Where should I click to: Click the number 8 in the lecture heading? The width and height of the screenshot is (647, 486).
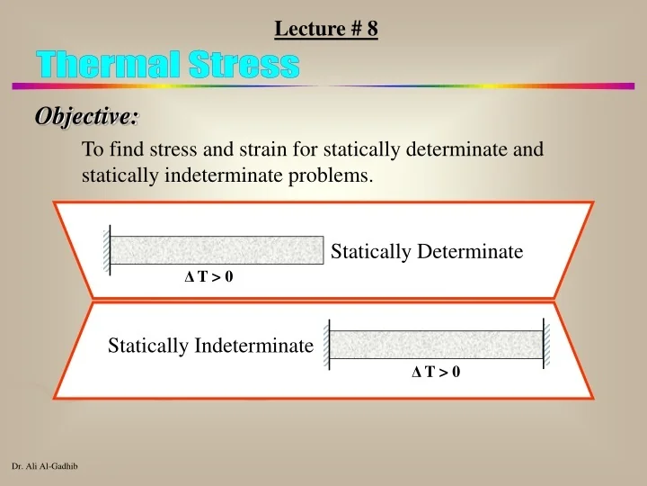coord(372,29)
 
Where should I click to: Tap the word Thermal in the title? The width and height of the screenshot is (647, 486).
coord(104,65)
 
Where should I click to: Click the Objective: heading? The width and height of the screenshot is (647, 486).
coord(87,116)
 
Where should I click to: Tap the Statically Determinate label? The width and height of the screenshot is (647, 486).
coord(427,252)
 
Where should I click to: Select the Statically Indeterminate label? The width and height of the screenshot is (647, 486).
coord(210,345)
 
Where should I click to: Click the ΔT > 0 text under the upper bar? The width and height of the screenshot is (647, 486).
coord(208,277)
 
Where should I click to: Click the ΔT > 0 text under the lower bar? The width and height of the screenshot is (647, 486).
coord(436,371)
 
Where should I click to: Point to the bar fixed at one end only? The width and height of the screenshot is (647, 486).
coord(216,249)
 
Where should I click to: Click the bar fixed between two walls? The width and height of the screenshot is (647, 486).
coord(436,344)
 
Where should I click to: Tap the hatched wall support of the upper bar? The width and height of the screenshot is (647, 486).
coord(106,249)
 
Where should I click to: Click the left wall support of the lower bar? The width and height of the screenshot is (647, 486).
coord(328,344)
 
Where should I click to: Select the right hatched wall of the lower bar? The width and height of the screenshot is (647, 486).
coord(545,344)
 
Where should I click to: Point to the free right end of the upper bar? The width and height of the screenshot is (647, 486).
coord(322,249)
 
